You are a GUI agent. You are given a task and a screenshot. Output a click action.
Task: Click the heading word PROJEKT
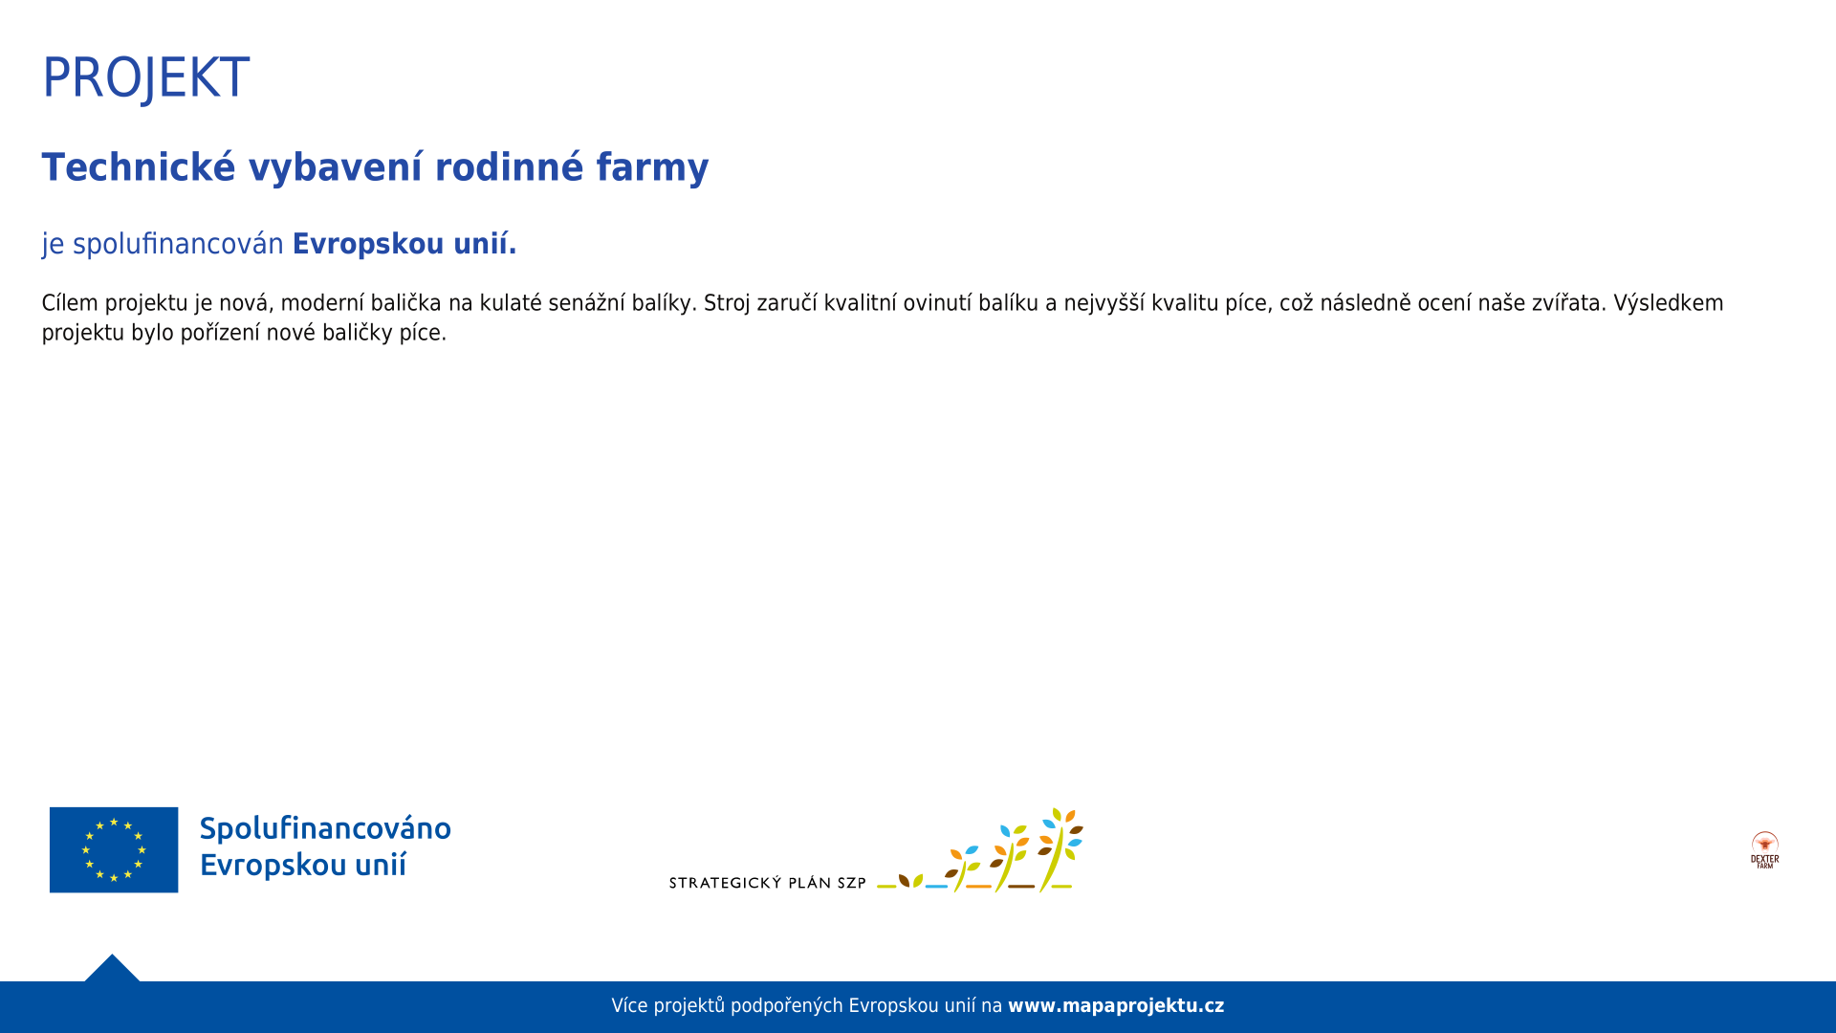click(x=145, y=77)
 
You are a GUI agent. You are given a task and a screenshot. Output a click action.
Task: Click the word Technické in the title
click(x=139, y=167)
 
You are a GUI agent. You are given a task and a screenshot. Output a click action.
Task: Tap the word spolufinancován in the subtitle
click(x=178, y=244)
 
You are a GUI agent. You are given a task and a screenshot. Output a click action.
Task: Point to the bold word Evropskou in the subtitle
click(x=368, y=245)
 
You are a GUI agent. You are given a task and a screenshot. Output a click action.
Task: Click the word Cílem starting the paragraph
click(x=70, y=303)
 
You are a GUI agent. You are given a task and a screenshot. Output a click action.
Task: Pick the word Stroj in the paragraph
click(x=727, y=303)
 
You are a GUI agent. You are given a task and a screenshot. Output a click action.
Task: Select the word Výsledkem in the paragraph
click(x=1669, y=303)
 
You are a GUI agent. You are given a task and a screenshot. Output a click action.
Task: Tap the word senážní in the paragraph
click(x=586, y=303)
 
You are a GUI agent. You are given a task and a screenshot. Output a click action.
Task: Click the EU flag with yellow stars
click(x=114, y=850)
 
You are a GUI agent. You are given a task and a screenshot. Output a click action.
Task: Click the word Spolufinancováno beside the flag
click(x=325, y=828)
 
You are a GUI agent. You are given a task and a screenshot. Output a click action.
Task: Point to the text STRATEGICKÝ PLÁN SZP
click(x=768, y=883)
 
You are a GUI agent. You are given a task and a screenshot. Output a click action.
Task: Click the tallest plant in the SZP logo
click(x=1060, y=849)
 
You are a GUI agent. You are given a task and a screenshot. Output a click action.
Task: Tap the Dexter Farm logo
click(x=1765, y=849)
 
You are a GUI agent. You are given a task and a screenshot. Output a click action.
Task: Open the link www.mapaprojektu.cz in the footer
click(x=1116, y=1006)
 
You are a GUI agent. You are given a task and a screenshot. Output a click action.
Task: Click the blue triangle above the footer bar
click(x=112, y=970)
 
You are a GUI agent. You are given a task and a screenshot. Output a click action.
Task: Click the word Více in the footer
click(x=630, y=1006)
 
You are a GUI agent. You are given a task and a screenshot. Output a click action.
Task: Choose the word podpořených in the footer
click(x=787, y=1006)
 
